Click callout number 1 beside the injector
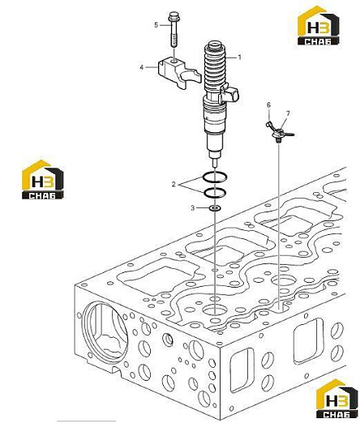pyautogui.click(x=239, y=58)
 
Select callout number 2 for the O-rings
pyautogui.click(x=174, y=185)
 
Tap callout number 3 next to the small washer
pyautogui.click(x=192, y=208)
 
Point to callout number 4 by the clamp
pyautogui.click(x=142, y=67)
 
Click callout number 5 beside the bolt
pyautogui.click(x=156, y=25)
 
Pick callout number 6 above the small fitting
pyautogui.click(x=268, y=105)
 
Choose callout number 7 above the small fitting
pyautogui.click(x=288, y=113)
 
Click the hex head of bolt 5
pyautogui.click(x=173, y=16)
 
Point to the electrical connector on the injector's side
pyautogui.click(x=229, y=95)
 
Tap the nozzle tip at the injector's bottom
pyautogui.click(x=215, y=163)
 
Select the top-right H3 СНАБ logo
pyautogui.click(x=319, y=25)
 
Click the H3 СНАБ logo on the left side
pyautogui.click(x=43, y=180)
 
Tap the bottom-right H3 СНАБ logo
pyautogui.click(x=336, y=399)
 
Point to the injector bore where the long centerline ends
pyautogui.click(x=215, y=310)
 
